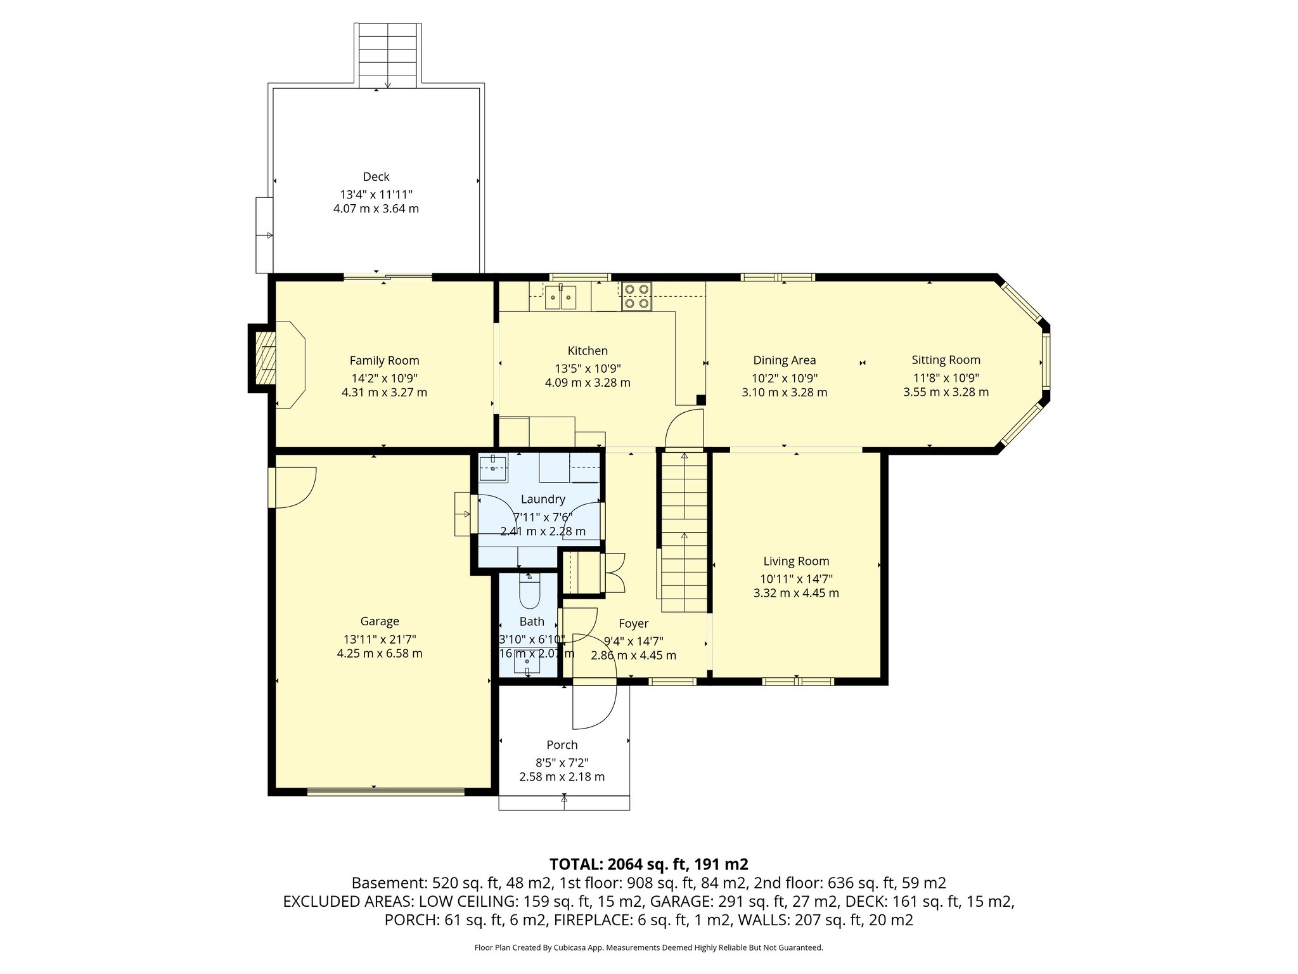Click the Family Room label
[384, 360]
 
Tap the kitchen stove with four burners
[636, 296]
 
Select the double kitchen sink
[560, 296]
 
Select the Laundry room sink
[492, 468]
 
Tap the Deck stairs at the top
[388, 55]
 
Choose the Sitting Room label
[946, 360]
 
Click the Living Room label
[796, 561]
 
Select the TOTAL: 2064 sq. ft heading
[649, 864]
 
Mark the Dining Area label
[784, 360]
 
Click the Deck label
[376, 177]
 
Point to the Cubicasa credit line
[648, 947]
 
